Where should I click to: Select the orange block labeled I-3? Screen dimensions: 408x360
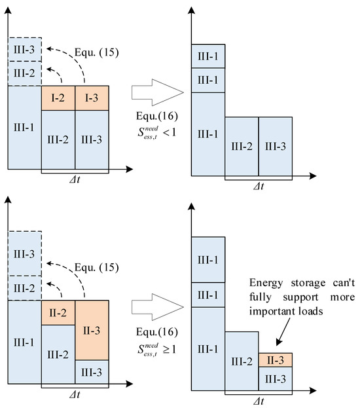[x=92, y=98]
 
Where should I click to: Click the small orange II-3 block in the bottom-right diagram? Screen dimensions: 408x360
[x=275, y=360]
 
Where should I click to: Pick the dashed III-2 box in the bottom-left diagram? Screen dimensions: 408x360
[x=24, y=287]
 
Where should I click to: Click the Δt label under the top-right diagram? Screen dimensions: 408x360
[x=259, y=186]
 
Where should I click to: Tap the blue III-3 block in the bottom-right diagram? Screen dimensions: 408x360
[x=275, y=379]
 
